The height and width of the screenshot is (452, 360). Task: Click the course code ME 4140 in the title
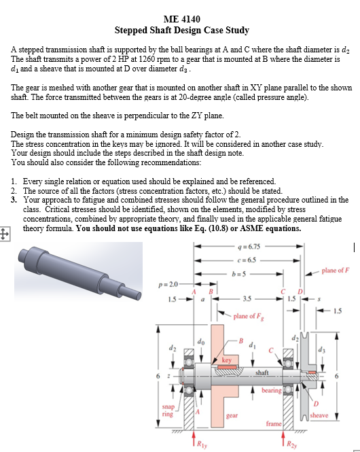(181, 18)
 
